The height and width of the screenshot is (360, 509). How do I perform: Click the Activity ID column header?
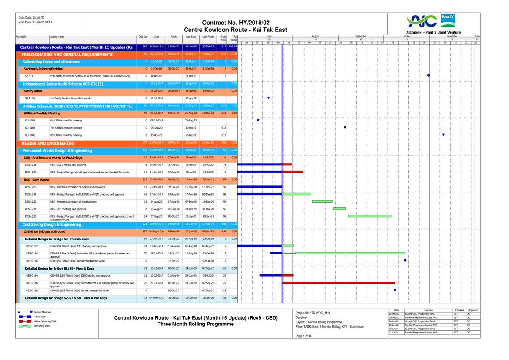pos(21,37)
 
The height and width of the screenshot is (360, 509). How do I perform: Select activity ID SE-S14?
pos(29,76)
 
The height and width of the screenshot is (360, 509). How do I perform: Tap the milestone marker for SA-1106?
pos(268,98)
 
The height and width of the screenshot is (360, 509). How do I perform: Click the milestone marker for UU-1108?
pos(443,135)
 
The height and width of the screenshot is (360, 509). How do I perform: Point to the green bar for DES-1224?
pos(339,208)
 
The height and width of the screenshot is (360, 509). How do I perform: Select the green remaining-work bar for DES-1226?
pos(370,216)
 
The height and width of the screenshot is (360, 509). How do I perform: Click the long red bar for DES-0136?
pos(338,282)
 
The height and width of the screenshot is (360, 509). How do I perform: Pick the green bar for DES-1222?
pos(322,201)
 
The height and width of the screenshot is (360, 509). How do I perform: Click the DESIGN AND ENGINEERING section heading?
pos(48,143)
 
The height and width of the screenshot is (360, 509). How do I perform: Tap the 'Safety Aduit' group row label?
pos(33,90)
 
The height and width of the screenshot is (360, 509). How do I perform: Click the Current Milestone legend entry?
pos(43,312)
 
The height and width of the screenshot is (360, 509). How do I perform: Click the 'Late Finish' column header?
pos(208,37)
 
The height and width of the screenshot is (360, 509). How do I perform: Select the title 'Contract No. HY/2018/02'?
pos(235,23)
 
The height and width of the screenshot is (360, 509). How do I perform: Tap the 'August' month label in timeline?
pos(315,37)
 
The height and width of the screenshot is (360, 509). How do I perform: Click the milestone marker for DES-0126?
pos(405,261)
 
